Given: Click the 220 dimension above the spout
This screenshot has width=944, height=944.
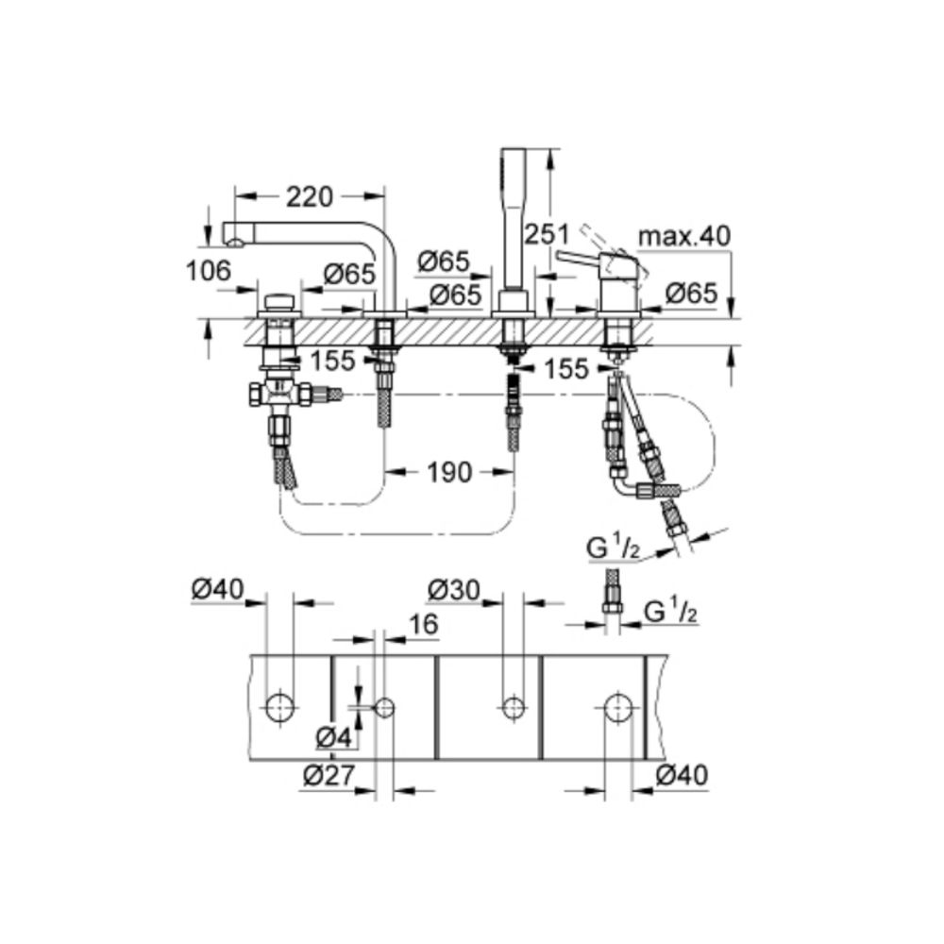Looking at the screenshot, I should [309, 196].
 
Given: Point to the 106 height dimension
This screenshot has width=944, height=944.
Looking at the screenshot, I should [209, 272].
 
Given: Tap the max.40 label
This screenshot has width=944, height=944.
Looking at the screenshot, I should [683, 236].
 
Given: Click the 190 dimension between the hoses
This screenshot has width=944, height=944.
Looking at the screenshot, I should [449, 472].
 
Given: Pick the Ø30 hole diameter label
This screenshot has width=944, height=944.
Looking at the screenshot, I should [453, 590].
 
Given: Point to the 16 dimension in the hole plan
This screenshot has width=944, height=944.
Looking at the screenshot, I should [423, 624].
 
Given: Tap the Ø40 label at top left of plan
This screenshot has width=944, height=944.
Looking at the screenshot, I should [216, 590].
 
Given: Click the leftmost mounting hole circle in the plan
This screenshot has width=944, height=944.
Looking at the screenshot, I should [279, 707].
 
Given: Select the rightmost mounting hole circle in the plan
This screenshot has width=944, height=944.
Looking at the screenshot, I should [618, 707].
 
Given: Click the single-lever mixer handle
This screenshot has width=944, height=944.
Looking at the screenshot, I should [585, 257].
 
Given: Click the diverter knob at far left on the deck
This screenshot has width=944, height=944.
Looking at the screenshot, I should [278, 304].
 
